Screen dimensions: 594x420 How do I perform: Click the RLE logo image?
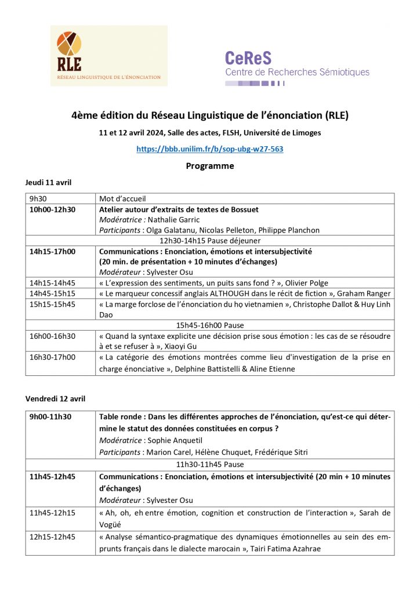pos(109,56)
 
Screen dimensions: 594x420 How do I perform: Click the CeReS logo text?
pos(248,58)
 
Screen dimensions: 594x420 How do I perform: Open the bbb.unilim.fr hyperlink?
pos(209,149)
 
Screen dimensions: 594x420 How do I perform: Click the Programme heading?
pos(209,166)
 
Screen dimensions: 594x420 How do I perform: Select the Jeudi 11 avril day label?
pos(48,183)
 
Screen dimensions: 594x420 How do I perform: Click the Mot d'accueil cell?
pos(122,198)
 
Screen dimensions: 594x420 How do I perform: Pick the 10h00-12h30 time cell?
pos(53,209)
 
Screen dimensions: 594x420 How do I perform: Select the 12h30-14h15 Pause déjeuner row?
pos(209,241)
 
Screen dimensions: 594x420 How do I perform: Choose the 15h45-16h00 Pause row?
pos(209,325)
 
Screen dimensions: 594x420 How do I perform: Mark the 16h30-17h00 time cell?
pos(53,357)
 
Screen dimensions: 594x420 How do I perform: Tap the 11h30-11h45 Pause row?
pos(209,464)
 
